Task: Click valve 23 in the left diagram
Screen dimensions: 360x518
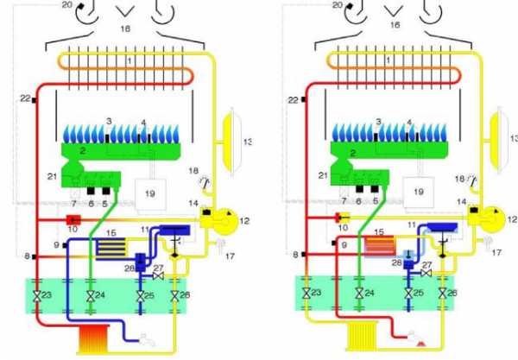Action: (x=37, y=297)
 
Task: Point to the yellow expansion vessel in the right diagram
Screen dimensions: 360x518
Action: (x=496, y=139)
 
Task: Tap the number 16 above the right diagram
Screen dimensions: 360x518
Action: (x=395, y=26)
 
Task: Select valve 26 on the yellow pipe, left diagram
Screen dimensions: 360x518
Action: (x=174, y=297)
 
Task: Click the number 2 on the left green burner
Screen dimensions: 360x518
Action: (x=82, y=149)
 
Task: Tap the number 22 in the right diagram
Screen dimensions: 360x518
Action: (x=294, y=100)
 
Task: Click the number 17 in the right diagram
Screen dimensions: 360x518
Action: (x=494, y=254)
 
